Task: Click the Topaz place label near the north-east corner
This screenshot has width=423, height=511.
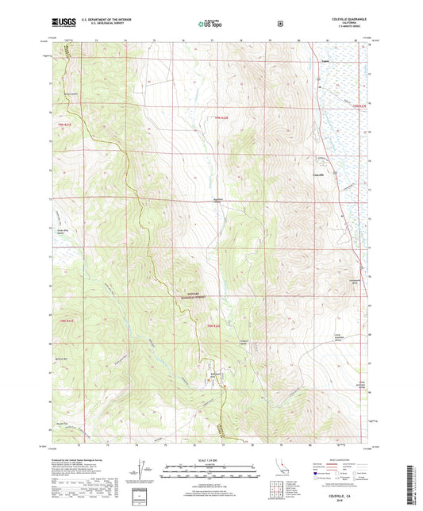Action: coord(325,57)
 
